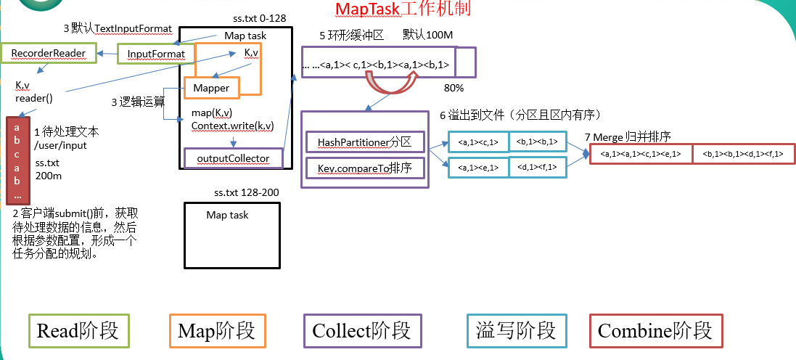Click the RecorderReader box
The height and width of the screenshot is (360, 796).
[49, 53]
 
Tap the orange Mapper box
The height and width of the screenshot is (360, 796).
[211, 88]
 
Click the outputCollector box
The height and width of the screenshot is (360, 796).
[233, 157]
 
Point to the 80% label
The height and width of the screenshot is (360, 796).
[453, 88]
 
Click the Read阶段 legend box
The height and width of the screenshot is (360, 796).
[78, 331]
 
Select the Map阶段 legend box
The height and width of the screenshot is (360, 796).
[217, 331]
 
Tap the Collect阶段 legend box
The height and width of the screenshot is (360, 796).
[361, 331]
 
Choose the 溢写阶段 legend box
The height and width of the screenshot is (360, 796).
[516, 331]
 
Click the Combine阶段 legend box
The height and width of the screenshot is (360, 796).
[655, 331]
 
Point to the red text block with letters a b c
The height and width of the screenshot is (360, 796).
[16, 160]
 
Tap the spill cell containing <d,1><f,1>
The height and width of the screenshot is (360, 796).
[538, 167]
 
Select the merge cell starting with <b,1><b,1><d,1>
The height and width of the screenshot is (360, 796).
[743, 153]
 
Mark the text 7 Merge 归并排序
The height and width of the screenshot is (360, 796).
[628, 136]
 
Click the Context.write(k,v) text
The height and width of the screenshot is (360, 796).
[232, 126]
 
